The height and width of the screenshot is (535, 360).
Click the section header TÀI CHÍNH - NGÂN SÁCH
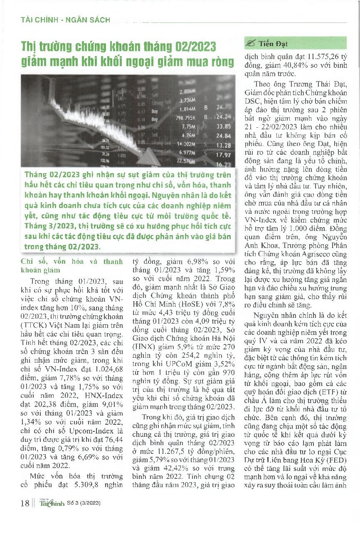65,20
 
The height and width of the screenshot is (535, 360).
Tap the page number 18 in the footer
25,503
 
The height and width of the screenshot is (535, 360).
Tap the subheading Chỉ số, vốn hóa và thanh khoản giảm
72,265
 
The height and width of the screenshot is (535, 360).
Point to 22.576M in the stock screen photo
186,161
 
